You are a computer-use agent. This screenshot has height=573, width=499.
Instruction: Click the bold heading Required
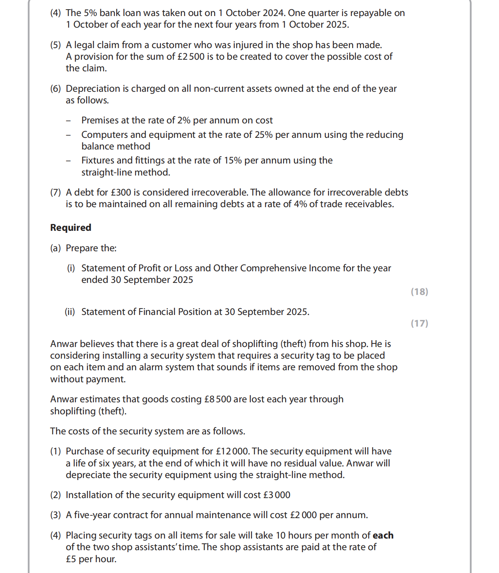71,228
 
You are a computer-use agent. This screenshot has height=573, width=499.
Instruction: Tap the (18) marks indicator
419,292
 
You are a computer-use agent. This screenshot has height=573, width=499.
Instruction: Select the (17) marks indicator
419,323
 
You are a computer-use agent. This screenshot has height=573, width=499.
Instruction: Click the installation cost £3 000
276,495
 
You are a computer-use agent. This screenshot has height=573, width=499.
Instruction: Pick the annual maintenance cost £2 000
303,515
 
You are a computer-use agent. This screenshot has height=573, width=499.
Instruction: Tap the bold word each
383,535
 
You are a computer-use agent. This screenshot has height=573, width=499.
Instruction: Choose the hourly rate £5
71,559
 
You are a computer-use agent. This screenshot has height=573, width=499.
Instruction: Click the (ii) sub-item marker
70,312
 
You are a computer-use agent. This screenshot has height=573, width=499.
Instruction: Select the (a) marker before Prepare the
55,248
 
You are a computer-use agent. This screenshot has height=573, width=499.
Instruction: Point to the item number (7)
55,192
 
